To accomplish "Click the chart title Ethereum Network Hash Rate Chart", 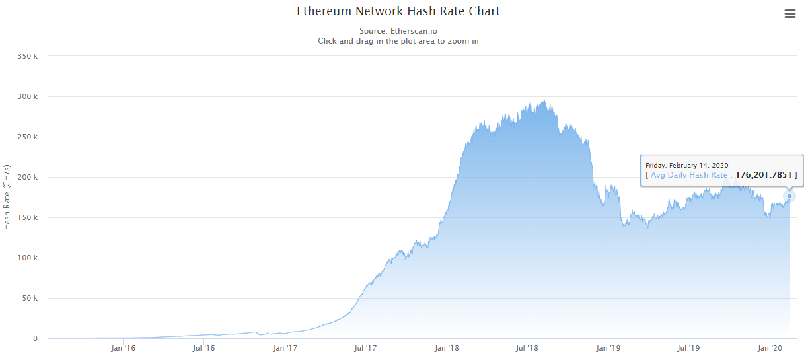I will click(398, 11).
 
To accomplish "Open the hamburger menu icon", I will click(790, 14).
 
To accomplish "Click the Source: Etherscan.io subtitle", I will click(398, 31).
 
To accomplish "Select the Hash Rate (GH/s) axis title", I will click(7, 196).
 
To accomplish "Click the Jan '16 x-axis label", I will click(122, 347).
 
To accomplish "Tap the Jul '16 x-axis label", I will click(203, 347).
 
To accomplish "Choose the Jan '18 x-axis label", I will click(447, 347).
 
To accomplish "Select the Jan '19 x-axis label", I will click(609, 347).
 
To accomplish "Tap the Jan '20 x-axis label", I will click(770, 347).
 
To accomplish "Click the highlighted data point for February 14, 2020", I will click(790, 196).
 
